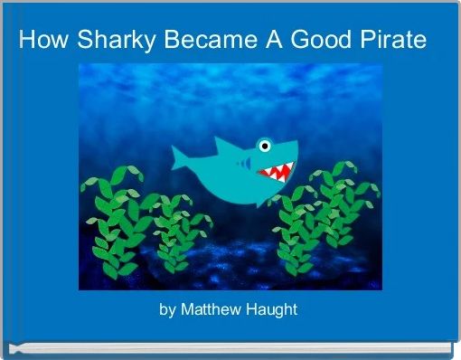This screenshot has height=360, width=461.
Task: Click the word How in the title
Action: click(x=39, y=41)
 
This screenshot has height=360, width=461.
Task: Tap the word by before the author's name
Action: click(x=167, y=309)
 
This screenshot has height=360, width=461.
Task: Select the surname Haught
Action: click(x=274, y=309)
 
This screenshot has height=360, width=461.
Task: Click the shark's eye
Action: click(x=264, y=145)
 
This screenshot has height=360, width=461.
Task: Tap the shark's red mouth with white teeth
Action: click(x=275, y=170)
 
